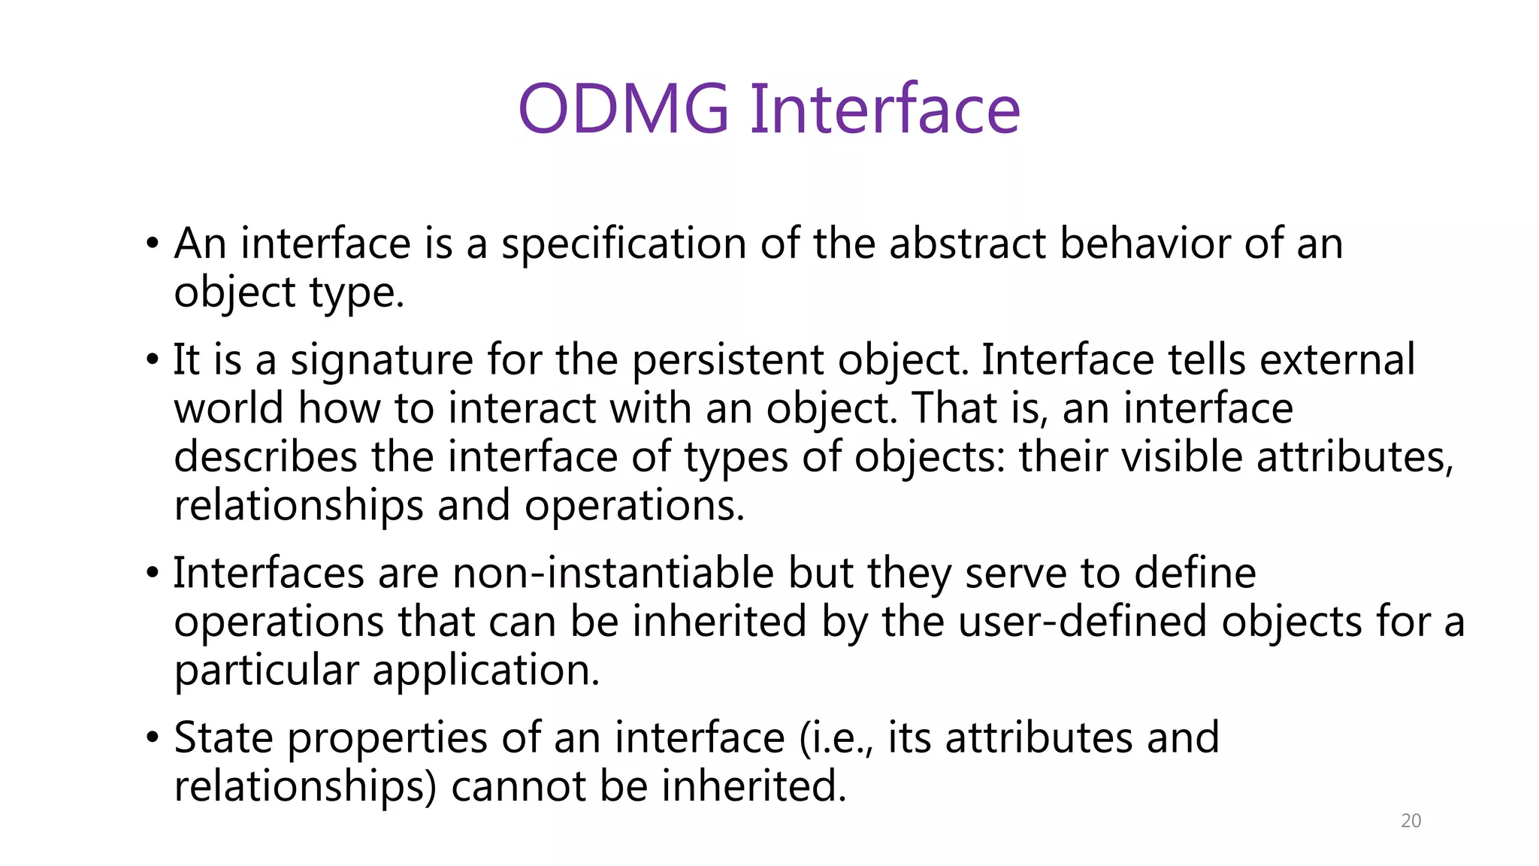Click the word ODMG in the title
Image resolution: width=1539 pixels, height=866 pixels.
(x=623, y=109)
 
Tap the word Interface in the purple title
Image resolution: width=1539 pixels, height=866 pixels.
(x=884, y=109)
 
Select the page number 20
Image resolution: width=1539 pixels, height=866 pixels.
(x=1410, y=821)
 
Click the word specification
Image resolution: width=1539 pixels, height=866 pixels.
(x=624, y=244)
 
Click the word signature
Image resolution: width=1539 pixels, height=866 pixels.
(x=382, y=361)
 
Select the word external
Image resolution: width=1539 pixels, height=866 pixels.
(x=1338, y=361)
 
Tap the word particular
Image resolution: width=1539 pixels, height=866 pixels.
(x=267, y=671)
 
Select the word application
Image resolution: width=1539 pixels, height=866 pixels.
(x=486, y=671)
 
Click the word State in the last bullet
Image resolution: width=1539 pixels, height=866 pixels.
(x=223, y=738)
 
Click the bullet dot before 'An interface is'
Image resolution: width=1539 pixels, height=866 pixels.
(x=153, y=244)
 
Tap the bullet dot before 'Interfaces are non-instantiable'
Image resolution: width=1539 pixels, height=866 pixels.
(x=153, y=574)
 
